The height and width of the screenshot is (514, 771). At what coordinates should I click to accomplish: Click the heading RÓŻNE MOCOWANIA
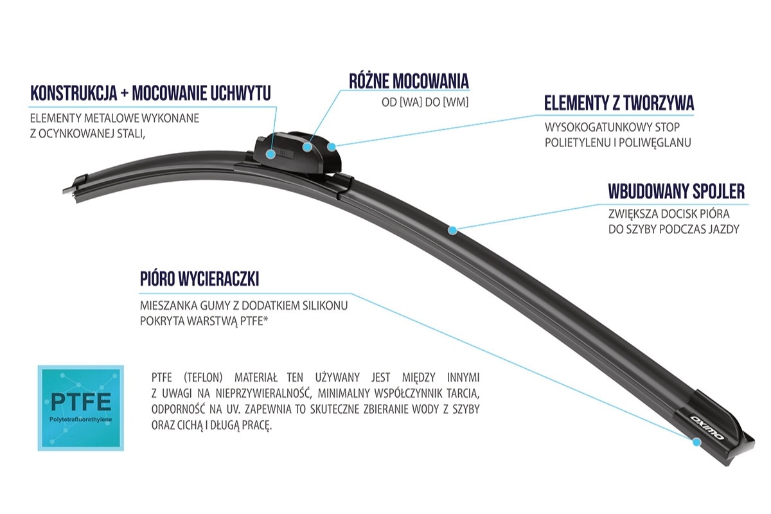(x=409, y=81)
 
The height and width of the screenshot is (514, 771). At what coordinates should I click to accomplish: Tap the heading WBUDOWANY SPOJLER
(x=677, y=191)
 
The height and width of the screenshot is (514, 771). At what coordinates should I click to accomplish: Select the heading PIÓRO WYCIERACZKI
(x=199, y=278)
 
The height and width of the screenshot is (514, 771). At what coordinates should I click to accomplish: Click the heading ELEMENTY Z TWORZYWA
(x=619, y=103)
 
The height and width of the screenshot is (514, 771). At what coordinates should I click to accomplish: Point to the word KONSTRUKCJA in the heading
(x=74, y=93)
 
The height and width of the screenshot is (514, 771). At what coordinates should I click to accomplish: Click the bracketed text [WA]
(x=411, y=102)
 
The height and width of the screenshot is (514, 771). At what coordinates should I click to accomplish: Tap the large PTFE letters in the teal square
(x=81, y=402)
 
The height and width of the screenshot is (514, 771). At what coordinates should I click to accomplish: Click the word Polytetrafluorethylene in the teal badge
(x=80, y=420)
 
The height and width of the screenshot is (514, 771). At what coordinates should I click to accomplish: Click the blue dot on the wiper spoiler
(x=452, y=230)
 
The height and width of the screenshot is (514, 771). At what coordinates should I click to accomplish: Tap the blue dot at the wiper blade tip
(x=696, y=442)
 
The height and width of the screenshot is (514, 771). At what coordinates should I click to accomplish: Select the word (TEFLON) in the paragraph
(x=203, y=378)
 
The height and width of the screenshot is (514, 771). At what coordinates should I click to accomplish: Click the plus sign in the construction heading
(x=125, y=94)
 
